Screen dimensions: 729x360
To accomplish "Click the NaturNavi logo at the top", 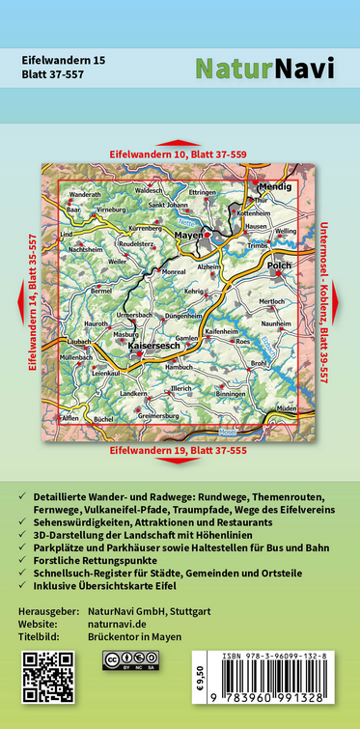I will [264, 68].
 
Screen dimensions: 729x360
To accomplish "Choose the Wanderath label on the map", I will [85, 194].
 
